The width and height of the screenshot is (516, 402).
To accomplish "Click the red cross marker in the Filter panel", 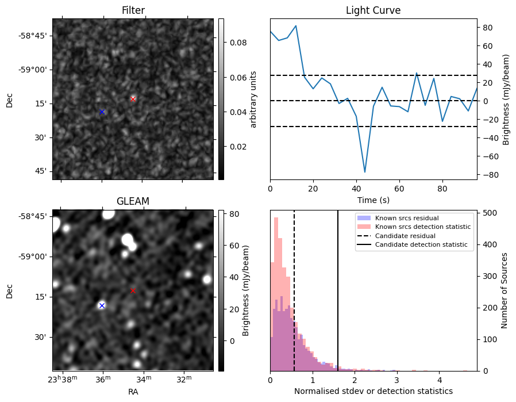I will click(133, 99).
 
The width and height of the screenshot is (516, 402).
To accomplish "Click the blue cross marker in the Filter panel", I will click(102, 112).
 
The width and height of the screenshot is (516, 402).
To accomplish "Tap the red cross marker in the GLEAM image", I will click(133, 290).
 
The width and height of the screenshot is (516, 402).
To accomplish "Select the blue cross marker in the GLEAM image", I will click(102, 305).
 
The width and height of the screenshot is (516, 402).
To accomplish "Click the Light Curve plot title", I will click(373, 10).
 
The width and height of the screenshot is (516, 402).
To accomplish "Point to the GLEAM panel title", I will click(133, 201).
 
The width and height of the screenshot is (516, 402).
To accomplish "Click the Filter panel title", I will click(133, 10).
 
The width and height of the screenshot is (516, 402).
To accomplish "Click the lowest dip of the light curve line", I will click(364, 171).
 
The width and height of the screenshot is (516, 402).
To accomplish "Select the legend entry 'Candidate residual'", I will click(403, 236).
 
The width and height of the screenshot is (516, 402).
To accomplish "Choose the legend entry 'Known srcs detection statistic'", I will click(422, 227).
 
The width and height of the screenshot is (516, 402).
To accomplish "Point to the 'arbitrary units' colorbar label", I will click(253, 99).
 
